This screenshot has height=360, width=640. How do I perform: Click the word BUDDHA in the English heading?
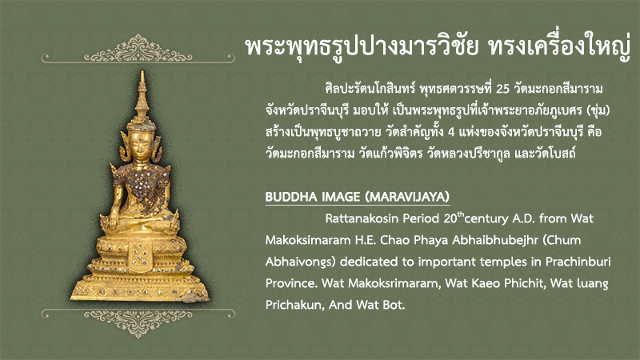click(291, 197)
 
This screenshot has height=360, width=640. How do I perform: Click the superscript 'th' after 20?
click(461, 214)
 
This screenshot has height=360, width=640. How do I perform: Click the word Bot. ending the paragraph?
click(394, 305)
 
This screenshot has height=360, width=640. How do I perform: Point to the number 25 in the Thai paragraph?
click(503, 89)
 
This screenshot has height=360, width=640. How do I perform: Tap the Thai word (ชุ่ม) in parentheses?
click(598, 110)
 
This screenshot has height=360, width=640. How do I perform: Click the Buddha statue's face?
click(140, 146)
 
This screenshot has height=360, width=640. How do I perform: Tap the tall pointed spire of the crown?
click(142, 94)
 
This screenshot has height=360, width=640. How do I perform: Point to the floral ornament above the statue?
click(138, 50)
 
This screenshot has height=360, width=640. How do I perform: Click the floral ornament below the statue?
click(138, 322)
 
